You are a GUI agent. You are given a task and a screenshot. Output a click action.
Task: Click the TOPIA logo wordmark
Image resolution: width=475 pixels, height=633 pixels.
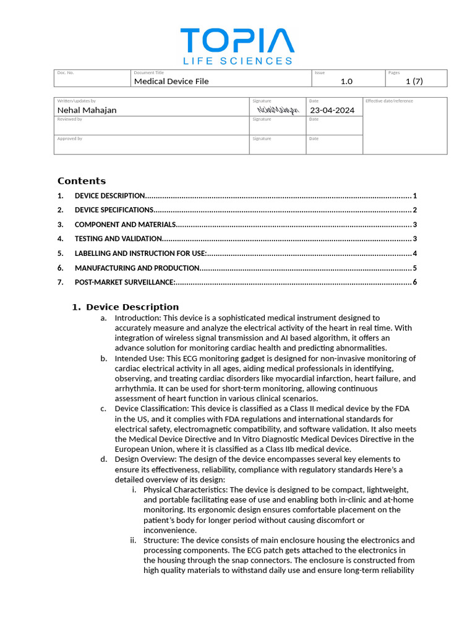237,41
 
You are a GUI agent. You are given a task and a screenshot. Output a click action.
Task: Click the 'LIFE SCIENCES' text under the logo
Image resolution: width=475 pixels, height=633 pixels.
237,61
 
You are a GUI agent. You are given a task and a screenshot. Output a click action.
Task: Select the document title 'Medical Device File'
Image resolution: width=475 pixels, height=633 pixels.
171,81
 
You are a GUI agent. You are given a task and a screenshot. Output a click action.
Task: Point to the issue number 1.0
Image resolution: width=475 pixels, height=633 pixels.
346,81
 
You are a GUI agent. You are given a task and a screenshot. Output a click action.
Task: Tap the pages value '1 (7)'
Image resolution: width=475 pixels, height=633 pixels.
414,81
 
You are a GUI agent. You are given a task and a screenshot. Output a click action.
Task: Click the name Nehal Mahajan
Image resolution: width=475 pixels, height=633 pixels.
87,110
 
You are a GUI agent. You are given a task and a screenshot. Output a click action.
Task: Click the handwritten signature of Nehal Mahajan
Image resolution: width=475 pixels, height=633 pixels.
278,110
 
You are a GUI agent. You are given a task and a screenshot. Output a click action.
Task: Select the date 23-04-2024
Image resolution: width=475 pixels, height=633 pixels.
332,110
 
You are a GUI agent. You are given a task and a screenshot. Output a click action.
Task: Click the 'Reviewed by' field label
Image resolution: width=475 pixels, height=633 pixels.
69,119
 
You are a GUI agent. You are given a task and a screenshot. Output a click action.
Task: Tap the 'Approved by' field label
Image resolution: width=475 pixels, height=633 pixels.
69,138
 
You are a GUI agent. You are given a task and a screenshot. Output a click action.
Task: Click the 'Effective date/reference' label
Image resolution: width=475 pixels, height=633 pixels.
389,101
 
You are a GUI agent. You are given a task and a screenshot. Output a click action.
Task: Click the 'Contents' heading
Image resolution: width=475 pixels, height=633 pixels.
82,181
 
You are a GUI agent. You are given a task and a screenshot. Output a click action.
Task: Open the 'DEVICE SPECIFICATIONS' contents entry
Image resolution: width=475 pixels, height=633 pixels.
114,210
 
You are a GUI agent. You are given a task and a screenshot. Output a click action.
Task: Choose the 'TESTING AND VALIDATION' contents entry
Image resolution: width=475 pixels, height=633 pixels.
118,239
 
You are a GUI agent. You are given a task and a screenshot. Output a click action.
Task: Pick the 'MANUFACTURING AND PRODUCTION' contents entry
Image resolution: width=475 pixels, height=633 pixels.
137,268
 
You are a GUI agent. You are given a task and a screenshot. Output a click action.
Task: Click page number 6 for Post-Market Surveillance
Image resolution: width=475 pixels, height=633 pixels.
415,283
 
